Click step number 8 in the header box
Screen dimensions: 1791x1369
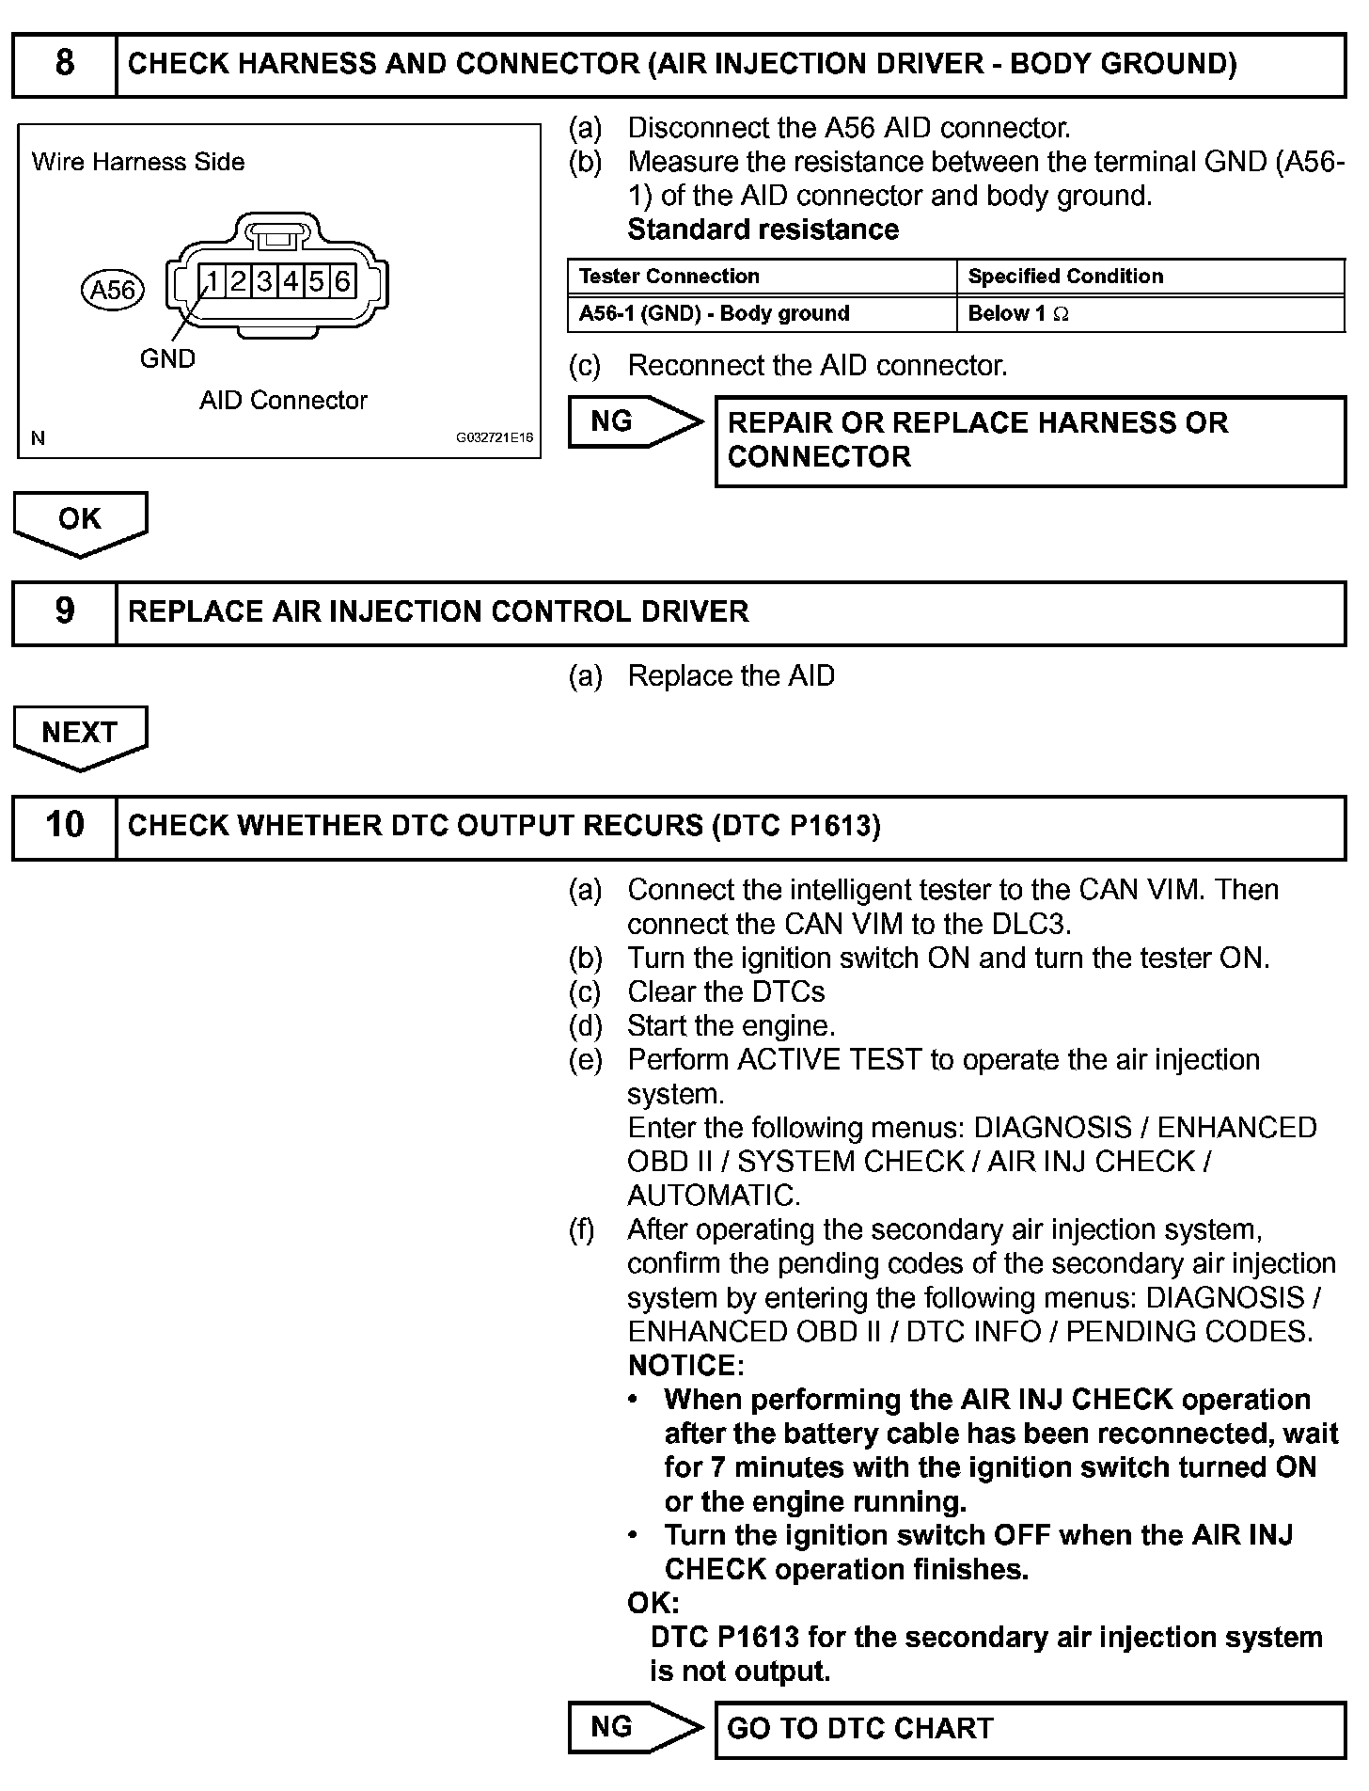pyautogui.click(x=64, y=64)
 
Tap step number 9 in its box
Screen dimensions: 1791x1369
pyautogui.click(x=64, y=611)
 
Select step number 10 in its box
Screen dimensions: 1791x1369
pyautogui.click(x=64, y=825)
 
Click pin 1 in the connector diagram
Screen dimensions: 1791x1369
pyautogui.click(x=212, y=280)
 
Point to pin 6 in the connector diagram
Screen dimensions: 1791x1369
pyautogui.click(x=342, y=280)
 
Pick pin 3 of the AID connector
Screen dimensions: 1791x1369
pyautogui.click(x=265, y=280)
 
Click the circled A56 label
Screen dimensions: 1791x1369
pyautogui.click(x=113, y=290)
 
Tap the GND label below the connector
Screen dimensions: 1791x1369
pyautogui.click(x=167, y=358)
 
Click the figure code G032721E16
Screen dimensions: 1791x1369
pyautogui.click(x=495, y=438)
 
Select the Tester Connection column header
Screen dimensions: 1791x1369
pyautogui.click(x=669, y=277)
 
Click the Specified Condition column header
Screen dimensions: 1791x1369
pyautogui.click(x=1065, y=277)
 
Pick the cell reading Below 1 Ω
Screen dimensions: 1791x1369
pyautogui.click(x=1018, y=314)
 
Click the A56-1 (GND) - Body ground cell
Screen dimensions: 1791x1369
pyautogui.click(x=715, y=314)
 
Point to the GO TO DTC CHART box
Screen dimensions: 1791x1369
pyautogui.click(x=1030, y=1729)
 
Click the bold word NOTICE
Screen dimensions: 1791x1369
pyautogui.click(x=685, y=1365)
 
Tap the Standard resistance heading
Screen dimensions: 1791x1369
pyautogui.click(x=763, y=230)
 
